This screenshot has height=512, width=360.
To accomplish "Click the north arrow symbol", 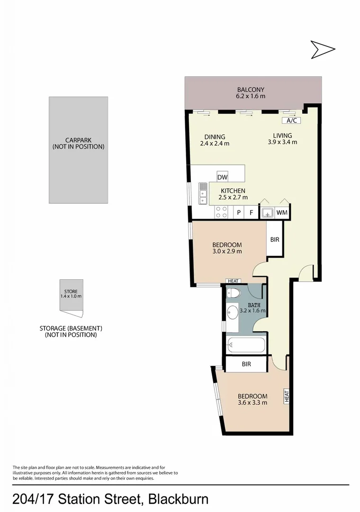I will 323,49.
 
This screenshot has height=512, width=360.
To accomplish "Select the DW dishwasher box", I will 222,177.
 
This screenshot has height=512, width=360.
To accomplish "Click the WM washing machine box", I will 282,213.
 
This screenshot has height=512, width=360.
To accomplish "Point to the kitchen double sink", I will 203,193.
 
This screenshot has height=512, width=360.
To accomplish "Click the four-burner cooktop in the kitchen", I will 221,212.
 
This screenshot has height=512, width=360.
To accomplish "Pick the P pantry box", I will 239,213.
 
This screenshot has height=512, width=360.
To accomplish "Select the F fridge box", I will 252,213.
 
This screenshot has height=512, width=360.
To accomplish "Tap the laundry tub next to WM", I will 268,213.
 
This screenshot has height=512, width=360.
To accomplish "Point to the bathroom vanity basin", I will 232,313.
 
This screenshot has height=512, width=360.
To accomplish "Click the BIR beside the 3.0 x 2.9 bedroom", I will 274,239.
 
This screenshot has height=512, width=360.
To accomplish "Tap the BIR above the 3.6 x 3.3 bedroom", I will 246,364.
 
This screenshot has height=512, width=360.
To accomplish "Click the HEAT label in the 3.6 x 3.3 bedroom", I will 287,396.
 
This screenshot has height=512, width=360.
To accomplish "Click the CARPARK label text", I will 78,143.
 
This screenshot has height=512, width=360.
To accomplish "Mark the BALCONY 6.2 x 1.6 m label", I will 251,93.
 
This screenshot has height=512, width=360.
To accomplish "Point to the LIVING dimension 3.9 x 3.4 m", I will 282,142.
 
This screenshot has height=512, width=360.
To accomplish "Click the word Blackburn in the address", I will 179,499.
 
